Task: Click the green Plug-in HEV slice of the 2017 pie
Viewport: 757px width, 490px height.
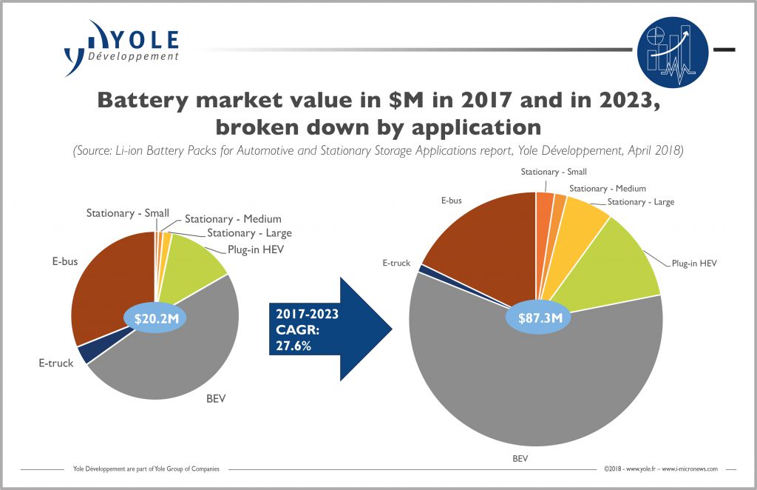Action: pyautogui.click(x=192, y=263)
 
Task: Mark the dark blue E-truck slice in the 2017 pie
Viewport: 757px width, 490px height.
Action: pyautogui.click(x=87, y=353)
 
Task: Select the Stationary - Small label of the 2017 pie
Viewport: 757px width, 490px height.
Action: pyautogui.click(x=127, y=213)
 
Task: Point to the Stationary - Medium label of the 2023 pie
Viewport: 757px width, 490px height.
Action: pyautogui.click(x=607, y=189)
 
